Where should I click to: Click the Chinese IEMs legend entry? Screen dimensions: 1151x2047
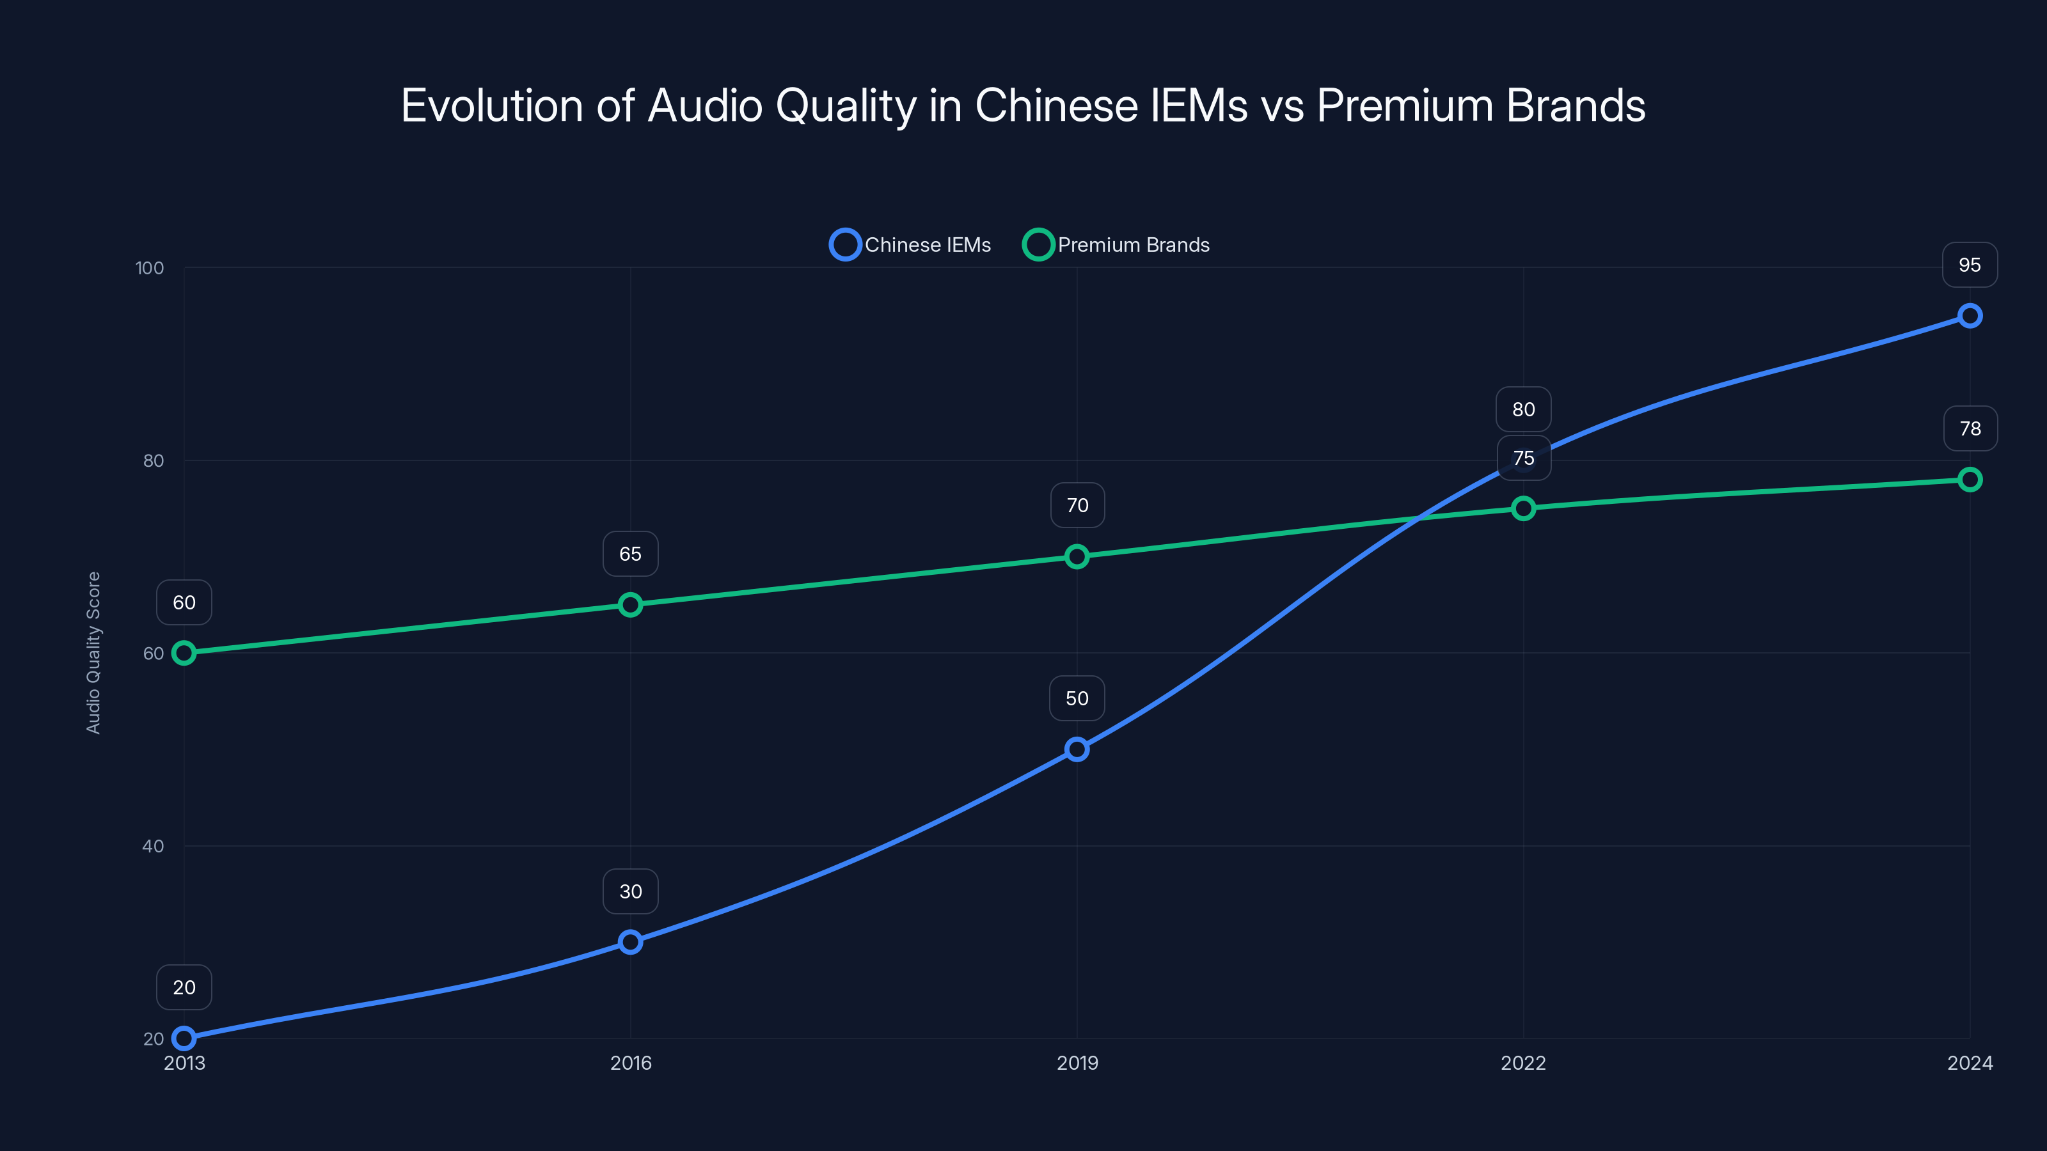pos(911,245)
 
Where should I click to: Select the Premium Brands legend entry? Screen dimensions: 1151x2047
pos(1116,245)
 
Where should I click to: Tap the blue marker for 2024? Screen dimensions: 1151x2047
pos(1969,316)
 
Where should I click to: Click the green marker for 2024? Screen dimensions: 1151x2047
pos(1969,480)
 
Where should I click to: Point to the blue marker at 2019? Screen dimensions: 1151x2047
pos(1077,749)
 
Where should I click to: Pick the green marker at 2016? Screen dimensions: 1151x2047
pos(630,604)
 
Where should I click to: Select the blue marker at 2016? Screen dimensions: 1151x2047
pos(630,942)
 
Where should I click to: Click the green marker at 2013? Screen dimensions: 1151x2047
pos(184,653)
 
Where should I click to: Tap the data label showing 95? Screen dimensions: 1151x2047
pos(1969,265)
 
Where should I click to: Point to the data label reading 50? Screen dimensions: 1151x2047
pos(1077,698)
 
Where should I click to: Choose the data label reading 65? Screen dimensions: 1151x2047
pos(630,554)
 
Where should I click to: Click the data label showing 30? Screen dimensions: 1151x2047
pos(630,891)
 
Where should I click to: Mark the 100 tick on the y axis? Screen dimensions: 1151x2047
pos(150,268)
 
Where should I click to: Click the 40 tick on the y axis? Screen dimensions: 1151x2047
pos(153,846)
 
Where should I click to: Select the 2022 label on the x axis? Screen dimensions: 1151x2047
pos(1522,1063)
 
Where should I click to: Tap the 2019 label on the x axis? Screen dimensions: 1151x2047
pos(1077,1063)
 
